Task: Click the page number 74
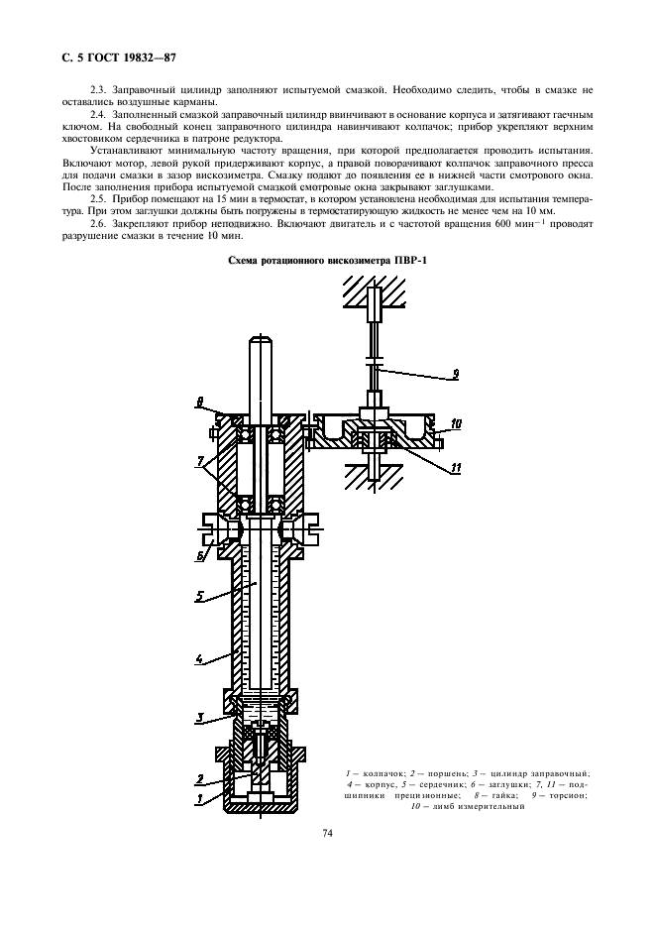327,833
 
